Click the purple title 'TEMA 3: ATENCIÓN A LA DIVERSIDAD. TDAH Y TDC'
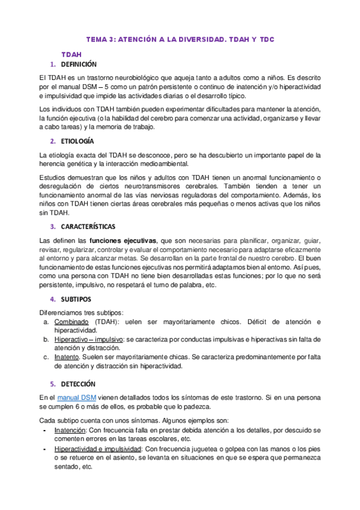180,39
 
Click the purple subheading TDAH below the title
71,54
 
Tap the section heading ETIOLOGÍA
78,141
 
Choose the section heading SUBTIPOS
76,299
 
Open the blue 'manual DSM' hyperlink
77,398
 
